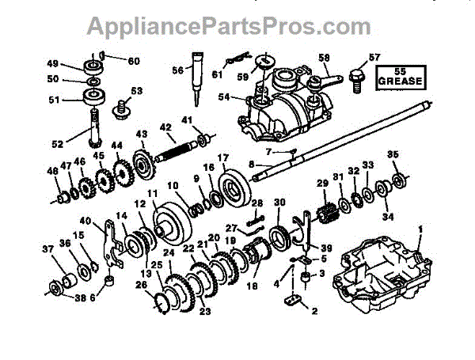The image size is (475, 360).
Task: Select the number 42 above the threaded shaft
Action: (165, 127)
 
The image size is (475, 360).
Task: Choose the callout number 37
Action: (49, 249)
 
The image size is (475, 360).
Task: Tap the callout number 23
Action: (204, 312)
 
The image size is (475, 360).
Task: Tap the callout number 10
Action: (171, 186)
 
